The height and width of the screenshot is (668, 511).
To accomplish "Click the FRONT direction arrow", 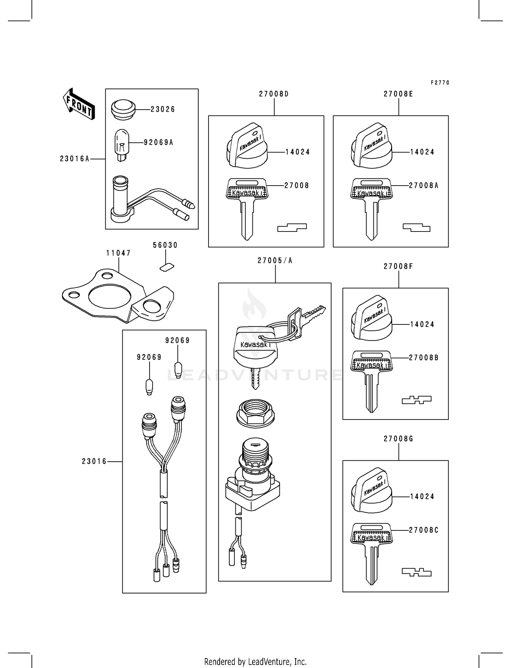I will pos(79,104).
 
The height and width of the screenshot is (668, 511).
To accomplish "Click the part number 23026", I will pos(162,109).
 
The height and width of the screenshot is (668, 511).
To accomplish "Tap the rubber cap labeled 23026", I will pos(123,109).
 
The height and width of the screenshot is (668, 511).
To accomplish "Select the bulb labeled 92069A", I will pos(122,145).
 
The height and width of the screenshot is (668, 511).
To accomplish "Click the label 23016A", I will pos(75,159).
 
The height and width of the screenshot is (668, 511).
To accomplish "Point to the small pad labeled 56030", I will pos(167,267).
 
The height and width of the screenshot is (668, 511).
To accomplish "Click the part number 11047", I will pos(118,253).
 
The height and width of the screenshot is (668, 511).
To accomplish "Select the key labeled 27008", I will pos(247,208).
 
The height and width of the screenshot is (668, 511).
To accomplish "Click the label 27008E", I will pos(398,94).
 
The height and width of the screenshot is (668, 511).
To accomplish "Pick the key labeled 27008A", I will pos(371,208).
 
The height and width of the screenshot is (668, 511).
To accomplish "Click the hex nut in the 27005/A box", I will pos(255,413).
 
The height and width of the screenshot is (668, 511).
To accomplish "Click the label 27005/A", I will pos(275,261).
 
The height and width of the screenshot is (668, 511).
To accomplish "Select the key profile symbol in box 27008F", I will pos(416,400).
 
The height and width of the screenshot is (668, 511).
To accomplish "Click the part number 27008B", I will pos(423,358).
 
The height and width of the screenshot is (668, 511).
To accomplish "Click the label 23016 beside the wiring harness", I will pos(94,462).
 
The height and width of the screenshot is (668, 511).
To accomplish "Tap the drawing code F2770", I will pos(440,83).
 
